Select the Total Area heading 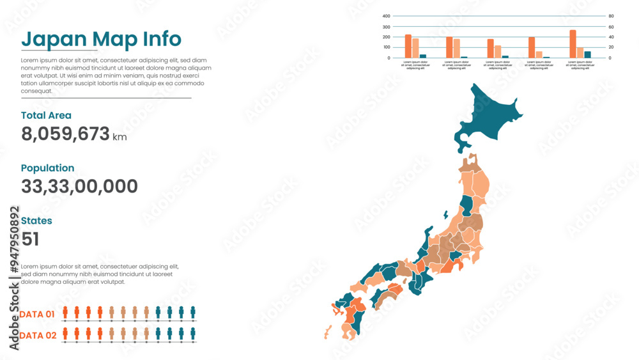[x=46, y=116]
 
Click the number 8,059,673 [x=65, y=134]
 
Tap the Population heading [x=47, y=168]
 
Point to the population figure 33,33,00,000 [x=79, y=187]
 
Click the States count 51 [x=30, y=239]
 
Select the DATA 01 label [x=37, y=315]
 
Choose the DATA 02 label [x=37, y=336]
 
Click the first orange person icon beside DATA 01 [x=65, y=313]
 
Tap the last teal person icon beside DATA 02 [x=193, y=334]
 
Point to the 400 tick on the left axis [x=386, y=16]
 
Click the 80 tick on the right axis [x=611, y=16]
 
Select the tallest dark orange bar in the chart [x=573, y=44]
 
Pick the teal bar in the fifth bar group [x=587, y=54]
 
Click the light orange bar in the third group [x=498, y=52]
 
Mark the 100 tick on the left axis [x=386, y=47]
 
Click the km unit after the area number [x=119, y=137]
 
